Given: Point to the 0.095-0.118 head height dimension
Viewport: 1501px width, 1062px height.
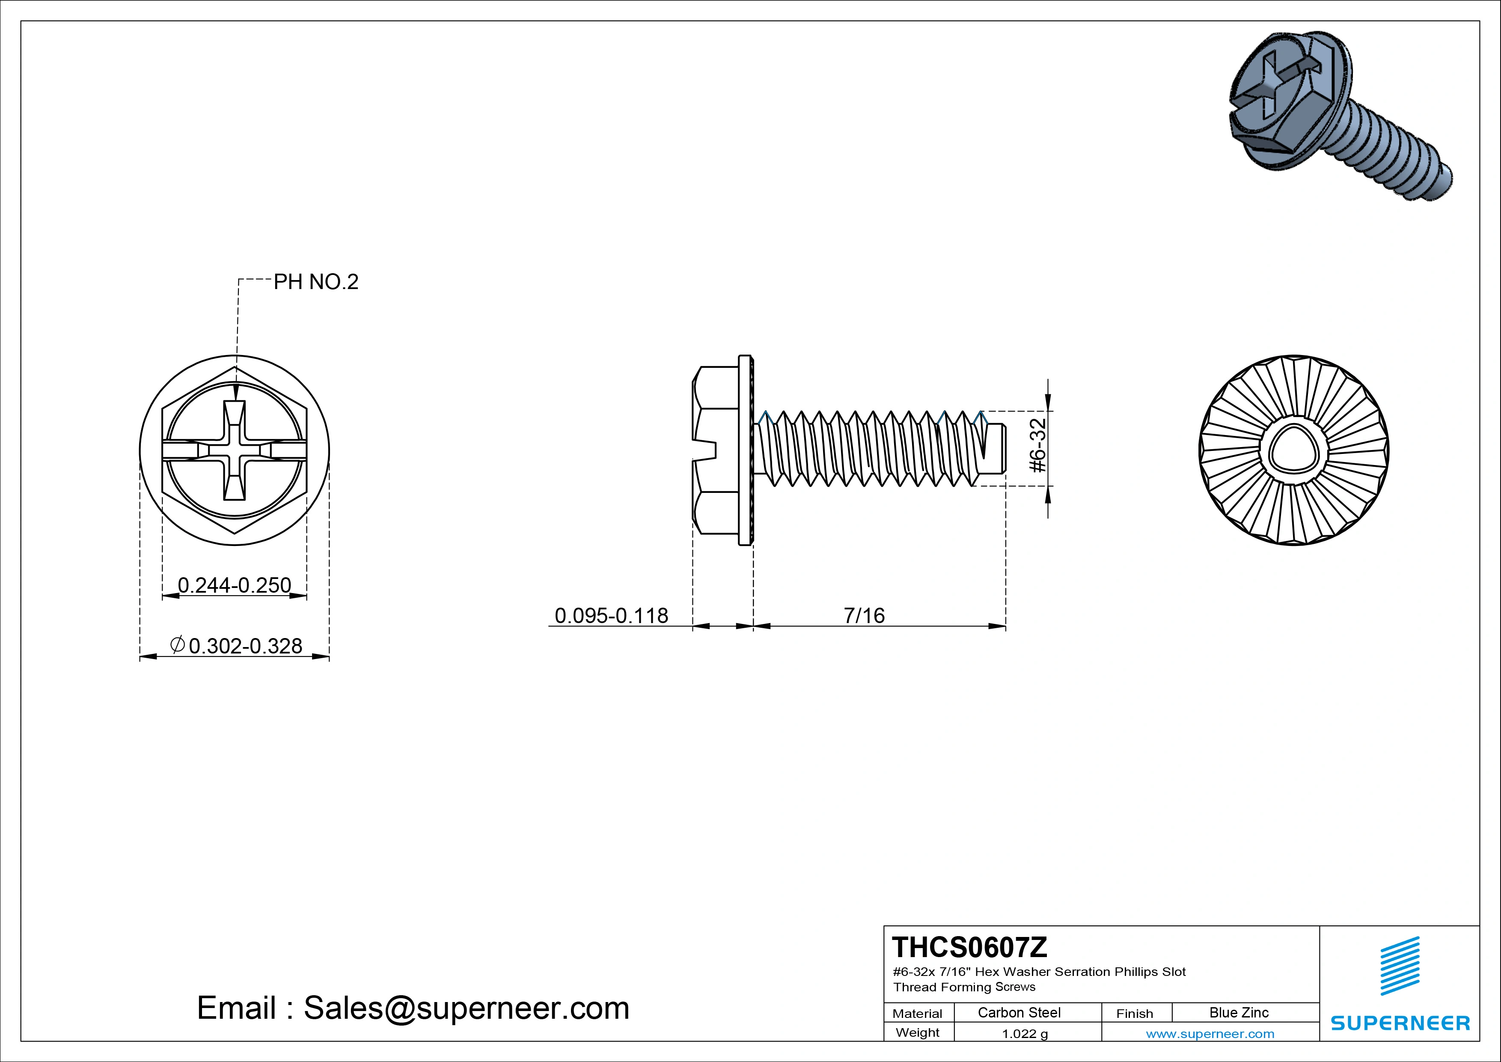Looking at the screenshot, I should (x=611, y=615).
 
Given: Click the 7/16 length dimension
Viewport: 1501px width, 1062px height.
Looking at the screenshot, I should (x=864, y=615).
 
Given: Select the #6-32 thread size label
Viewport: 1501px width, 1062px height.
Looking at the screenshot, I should (x=1037, y=445).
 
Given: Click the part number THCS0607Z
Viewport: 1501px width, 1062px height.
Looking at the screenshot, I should (x=969, y=947).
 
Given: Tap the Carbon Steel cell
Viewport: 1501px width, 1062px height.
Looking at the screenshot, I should (x=1019, y=1012).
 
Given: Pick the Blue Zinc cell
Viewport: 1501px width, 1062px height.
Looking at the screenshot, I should (x=1238, y=1012).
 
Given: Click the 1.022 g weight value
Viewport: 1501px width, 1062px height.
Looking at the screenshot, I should (x=1024, y=1034).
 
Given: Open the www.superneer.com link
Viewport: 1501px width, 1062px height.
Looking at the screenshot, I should (x=1210, y=1034).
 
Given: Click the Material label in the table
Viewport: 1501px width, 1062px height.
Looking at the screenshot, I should (x=917, y=1014).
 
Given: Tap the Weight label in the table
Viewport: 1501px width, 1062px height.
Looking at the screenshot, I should (x=917, y=1032).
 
